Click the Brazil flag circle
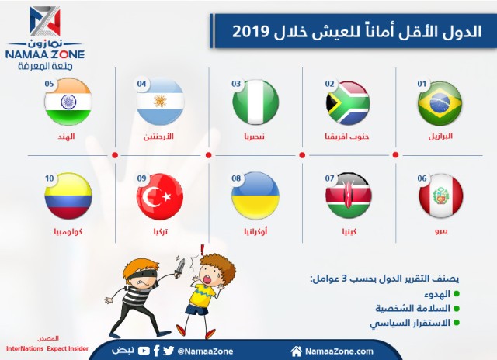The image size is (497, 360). click(x=440, y=103)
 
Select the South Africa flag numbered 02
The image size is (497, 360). click(x=348, y=104)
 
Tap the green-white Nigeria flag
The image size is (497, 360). click(x=255, y=103)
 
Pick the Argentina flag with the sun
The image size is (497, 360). click(x=161, y=103)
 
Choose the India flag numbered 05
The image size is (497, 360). click(x=68, y=103)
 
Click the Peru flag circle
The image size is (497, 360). click(x=440, y=197)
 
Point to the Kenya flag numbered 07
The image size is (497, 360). click(x=348, y=197)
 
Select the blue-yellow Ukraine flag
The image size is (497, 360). click(x=255, y=196)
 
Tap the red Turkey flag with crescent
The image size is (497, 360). click(x=161, y=197)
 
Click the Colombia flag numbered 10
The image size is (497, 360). click(x=68, y=196)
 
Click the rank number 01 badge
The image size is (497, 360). click(x=423, y=83)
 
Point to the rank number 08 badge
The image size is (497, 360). click(x=237, y=178)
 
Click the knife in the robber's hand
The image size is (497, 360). click(x=181, y=265)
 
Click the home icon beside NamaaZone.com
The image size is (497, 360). click(x=296, y=351)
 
